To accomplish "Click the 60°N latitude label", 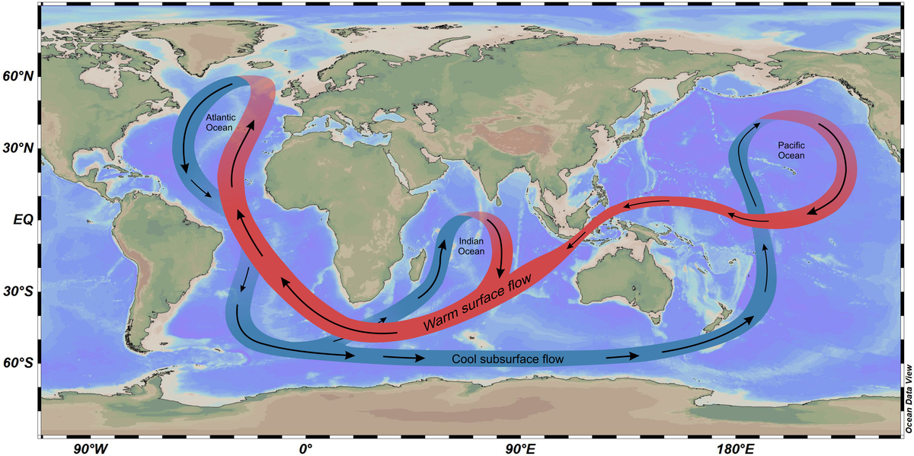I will [x=18, y=77].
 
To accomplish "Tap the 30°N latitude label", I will [x=18, y=148].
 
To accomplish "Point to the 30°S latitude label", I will [x=18, y=292].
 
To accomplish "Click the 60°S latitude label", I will [x=18, y=363].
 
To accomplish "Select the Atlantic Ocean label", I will [x=221, y=123].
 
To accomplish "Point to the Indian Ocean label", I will [x=471, y=247].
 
